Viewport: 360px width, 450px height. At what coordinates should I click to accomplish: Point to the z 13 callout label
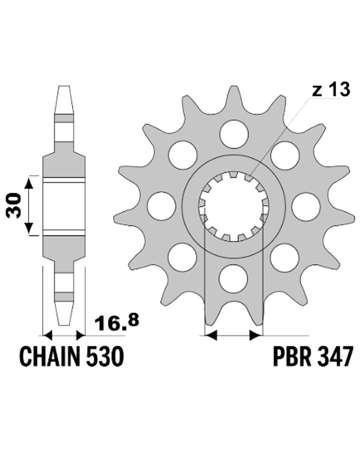(331, 90)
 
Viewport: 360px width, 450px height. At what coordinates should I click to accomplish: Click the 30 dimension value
(14, 206)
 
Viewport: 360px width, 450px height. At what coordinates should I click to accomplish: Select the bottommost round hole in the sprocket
(233, 278)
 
